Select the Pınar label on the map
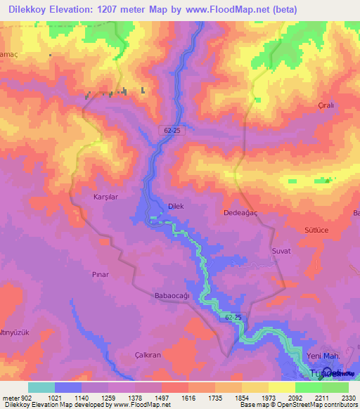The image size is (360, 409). [x=101, y=274]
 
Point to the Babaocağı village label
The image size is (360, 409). [x=172, y=296]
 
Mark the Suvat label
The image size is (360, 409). [x=281, y=251]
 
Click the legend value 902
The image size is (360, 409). [x=24, y=397]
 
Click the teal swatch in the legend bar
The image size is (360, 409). [x=41, y=387]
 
